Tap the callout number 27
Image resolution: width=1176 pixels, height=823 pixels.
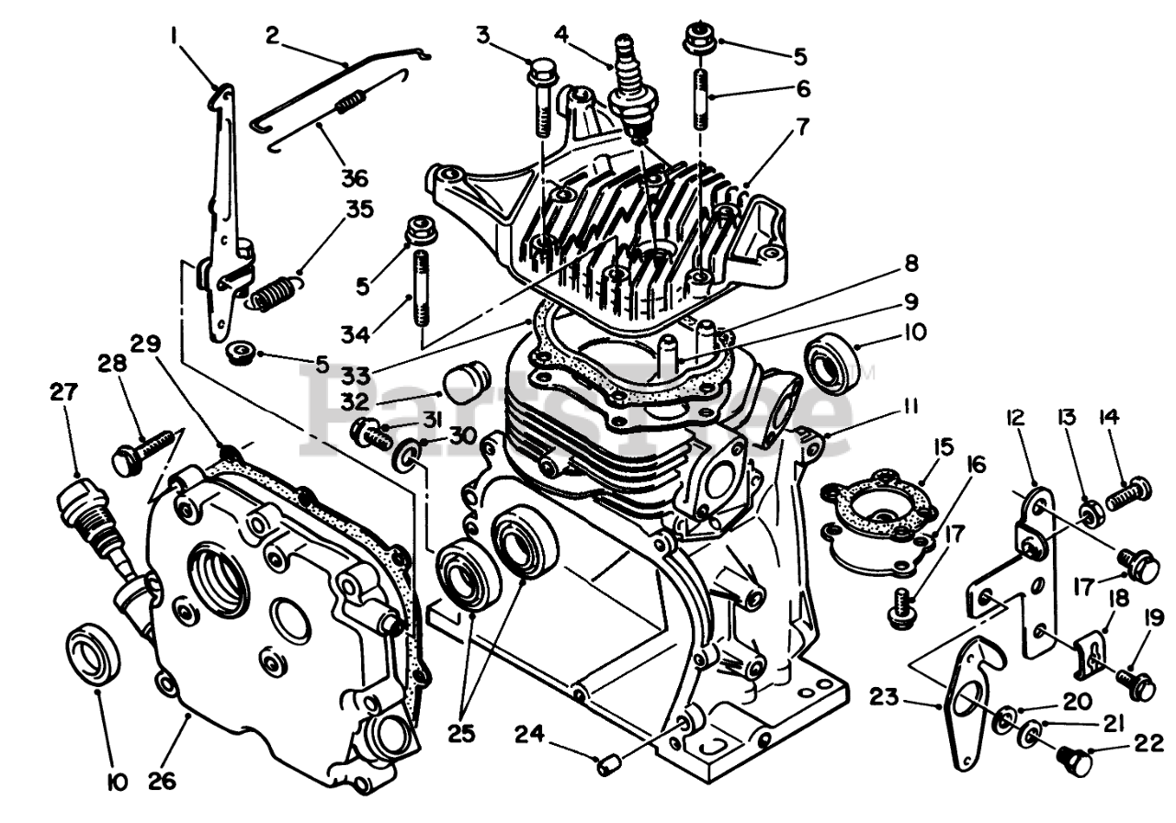pos(63,392)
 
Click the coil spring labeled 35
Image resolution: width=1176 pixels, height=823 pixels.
pos(274,292)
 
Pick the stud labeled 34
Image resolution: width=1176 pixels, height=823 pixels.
pos(423,290)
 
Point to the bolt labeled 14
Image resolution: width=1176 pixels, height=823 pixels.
pos(1126,495)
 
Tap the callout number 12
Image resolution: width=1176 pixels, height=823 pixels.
pos(1015,418)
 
